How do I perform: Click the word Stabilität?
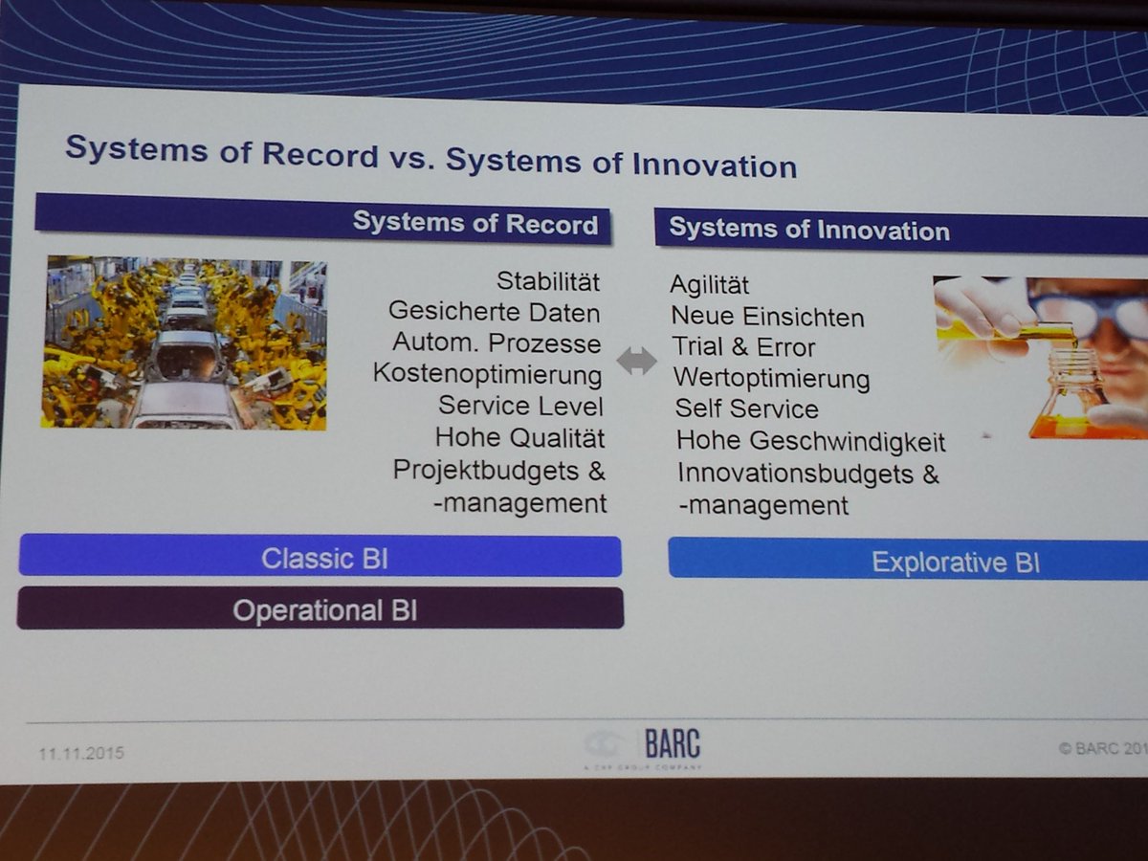point(548,282)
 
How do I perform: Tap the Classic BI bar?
point(320,557)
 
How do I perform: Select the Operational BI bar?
point(320,609)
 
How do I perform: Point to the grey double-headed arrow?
point(637,361)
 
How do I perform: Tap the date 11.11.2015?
point(81,754)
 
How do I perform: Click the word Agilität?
point(710,285)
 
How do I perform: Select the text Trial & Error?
point(743,347)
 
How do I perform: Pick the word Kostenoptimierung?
point(488,373)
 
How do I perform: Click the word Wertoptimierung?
point(772,379)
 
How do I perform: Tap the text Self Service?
point(747,408)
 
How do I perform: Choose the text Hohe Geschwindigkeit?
point(811,441)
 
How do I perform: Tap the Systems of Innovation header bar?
point(899,231)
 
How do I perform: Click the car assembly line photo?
point(184,342)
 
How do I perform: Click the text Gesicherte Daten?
point(495,313)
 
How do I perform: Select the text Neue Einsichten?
point(767,316)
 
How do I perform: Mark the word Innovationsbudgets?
point(799,473)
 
